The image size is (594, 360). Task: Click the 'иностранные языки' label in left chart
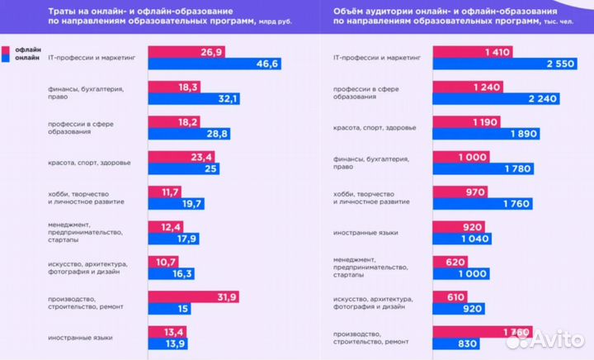pyautogui.click(x=80, y=338)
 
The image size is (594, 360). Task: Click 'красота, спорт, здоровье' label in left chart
pyautogui.click(x=89, y=162)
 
